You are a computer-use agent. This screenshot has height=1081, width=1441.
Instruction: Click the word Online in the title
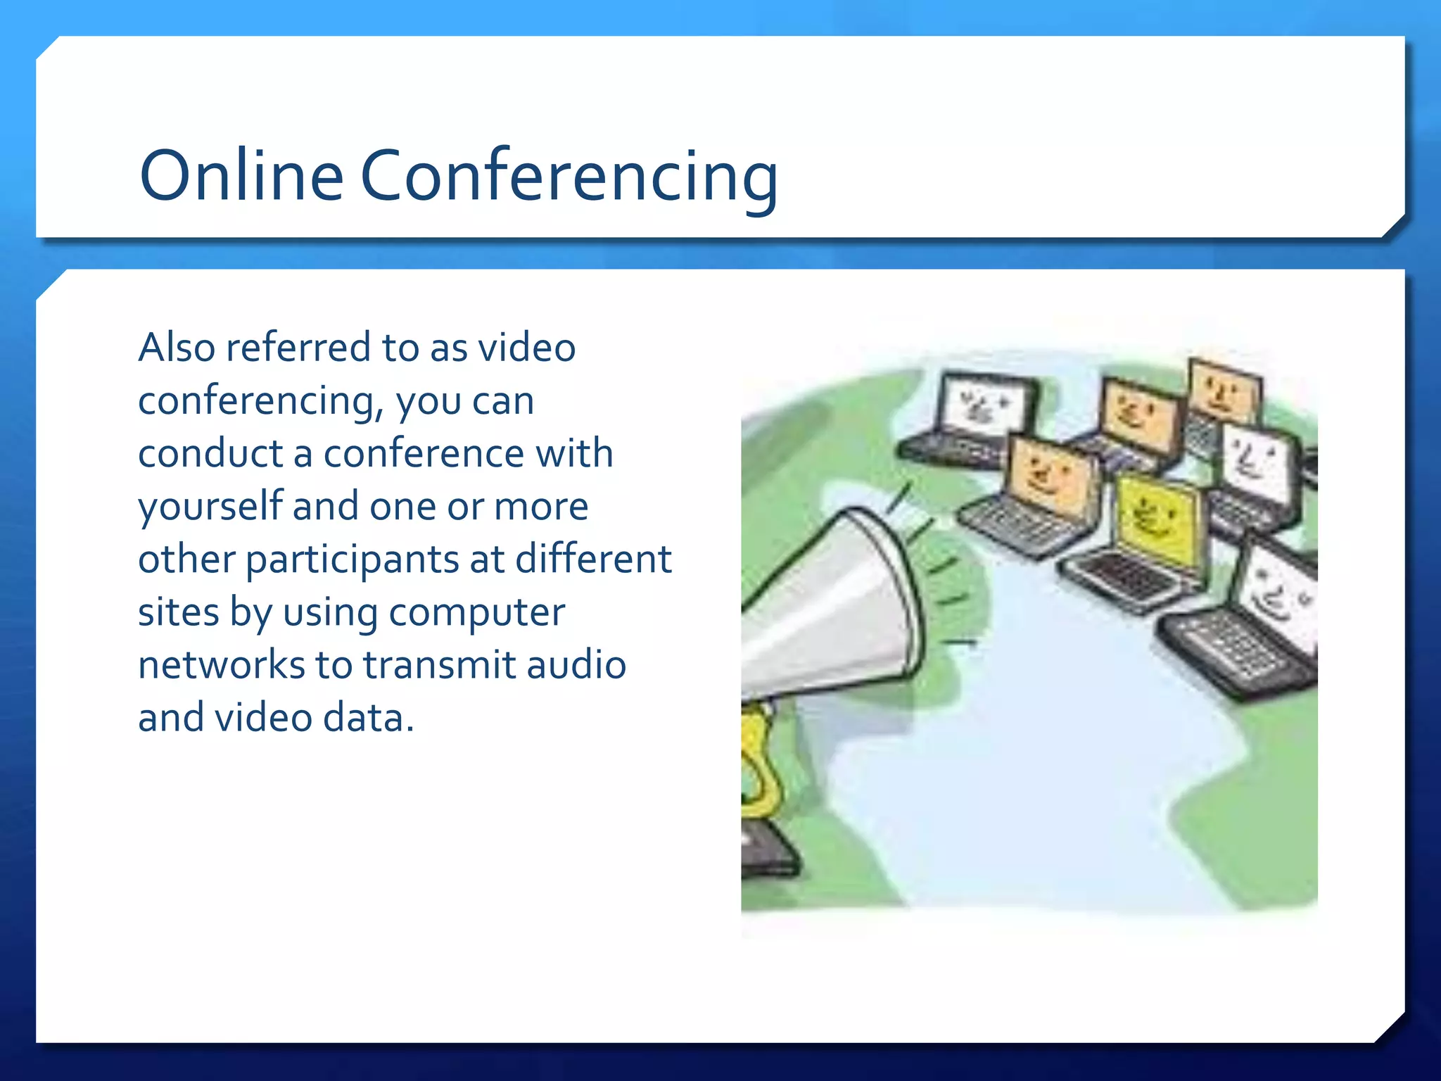(x=241, y=175)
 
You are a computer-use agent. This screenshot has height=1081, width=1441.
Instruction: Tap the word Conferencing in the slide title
(x=569, y=177)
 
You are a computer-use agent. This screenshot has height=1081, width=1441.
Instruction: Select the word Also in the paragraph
(x=177, y=348)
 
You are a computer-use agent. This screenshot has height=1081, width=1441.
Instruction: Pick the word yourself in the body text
(x=210, y=507)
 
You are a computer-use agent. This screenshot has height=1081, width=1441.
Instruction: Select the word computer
(x=476, y=612)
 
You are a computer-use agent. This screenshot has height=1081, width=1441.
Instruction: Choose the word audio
(x=576, y=665)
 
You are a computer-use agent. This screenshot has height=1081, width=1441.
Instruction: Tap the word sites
(x=178, y=612)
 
